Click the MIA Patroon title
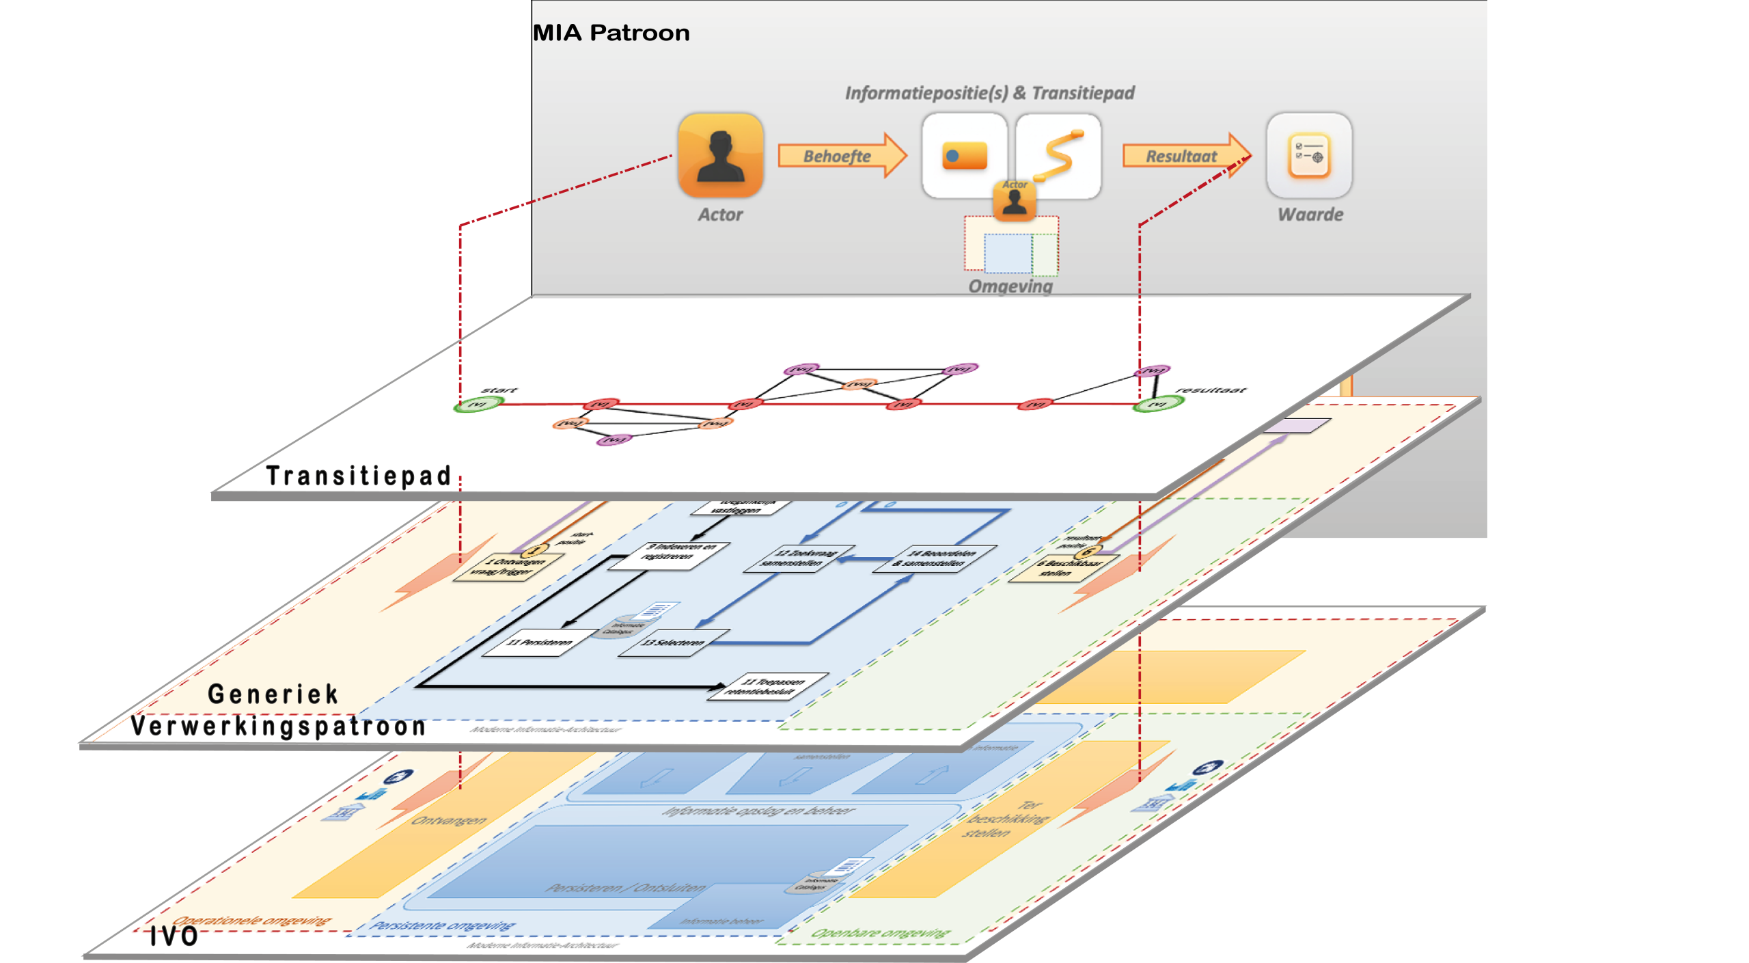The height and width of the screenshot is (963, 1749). [611, 33]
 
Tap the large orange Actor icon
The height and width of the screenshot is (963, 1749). [720, 156]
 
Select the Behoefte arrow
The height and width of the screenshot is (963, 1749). [840, 156]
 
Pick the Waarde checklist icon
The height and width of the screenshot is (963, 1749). [1309, 156]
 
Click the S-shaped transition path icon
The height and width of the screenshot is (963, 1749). [1058, 156]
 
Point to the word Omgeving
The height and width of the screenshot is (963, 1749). [1010, 286]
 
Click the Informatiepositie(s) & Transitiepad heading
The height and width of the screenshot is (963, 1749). [989, 93]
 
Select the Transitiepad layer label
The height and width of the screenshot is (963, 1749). [359, 476]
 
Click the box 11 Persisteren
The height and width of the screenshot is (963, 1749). [540, 642]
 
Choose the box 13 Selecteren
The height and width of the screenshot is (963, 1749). [673, 642]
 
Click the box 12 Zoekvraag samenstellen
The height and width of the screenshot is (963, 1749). [799, 558]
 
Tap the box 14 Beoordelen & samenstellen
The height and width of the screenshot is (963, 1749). [935, 558]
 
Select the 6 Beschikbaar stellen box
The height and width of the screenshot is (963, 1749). [1062, 568]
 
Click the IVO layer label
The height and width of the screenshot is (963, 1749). [174, 936]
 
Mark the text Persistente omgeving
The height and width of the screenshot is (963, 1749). [443, 925]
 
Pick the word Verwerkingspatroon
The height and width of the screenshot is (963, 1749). [279, 726]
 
